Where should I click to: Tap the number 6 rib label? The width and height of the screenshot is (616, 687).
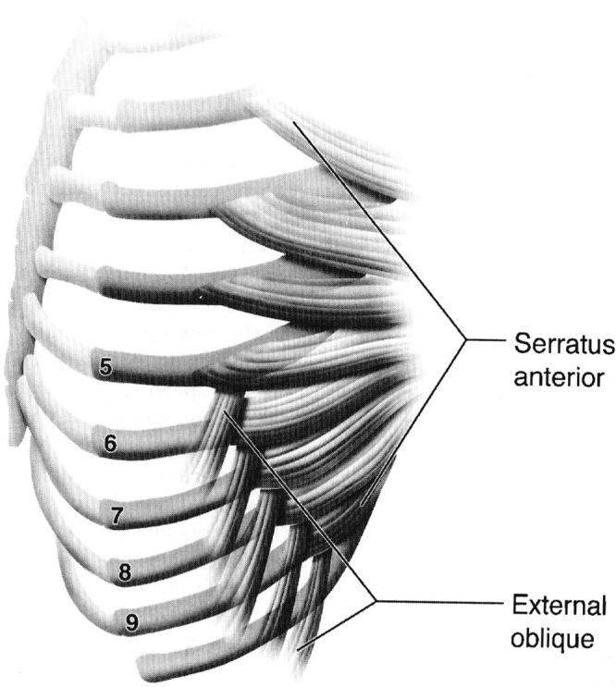111,444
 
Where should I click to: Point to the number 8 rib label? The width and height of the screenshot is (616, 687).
125,573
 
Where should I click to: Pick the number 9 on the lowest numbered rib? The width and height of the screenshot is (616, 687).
132,623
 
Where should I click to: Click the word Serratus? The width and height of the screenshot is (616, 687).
561,347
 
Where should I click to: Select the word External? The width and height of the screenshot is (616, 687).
559,607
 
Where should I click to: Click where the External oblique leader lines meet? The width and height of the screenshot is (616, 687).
376,602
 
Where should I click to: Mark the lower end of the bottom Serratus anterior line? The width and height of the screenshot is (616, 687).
363,505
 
